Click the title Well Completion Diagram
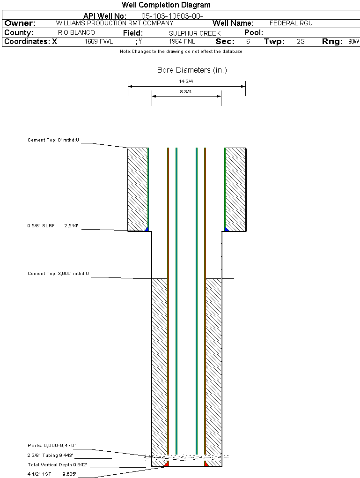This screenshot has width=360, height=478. [x=166, y=5]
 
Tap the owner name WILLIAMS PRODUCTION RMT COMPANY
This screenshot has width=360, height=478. [x=115, y=23]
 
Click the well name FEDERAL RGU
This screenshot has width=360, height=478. [x=291, y=23]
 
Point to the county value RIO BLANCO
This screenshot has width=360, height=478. [x=76, y=33]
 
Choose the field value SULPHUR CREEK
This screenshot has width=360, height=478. [x=195, y=33]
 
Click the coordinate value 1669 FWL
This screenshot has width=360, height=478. [x=99, y=42]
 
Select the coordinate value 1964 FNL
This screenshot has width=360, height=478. [x=182, y=42]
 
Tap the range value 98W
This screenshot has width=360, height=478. [x=353, y=42]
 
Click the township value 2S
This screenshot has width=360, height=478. [x=301, y=42]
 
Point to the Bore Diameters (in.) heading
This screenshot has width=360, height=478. [x=192, y=70]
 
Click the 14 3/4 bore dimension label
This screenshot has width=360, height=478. [x=186, y=81]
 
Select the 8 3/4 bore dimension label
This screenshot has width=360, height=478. [x=186, y=91]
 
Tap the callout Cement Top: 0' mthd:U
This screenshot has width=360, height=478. [x=53, y=140]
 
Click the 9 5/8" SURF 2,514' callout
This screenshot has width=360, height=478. [x=52, y=226]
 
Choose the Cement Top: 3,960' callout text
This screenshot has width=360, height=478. [x=58, y=273]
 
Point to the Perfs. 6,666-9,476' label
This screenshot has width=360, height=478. [x=51, y=445]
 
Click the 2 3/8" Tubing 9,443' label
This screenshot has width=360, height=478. [x=50, y=455]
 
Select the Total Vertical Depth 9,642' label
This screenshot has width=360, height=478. [x=57, y=465]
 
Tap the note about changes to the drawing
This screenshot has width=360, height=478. [x=181, y=52]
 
